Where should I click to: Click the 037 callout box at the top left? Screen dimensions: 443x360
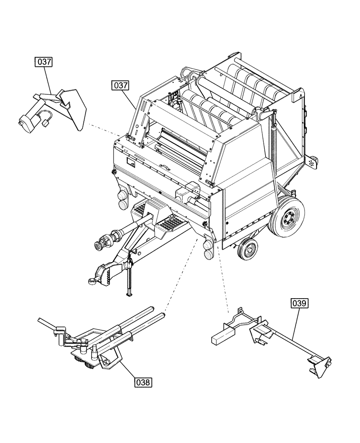[43, 62]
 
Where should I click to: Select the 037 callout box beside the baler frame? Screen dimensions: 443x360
[120, 85]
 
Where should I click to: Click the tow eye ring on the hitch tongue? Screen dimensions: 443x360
[92, 280]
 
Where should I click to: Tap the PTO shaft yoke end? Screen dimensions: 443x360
[100, 243]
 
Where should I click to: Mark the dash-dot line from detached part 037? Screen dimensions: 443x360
[104, 130]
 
